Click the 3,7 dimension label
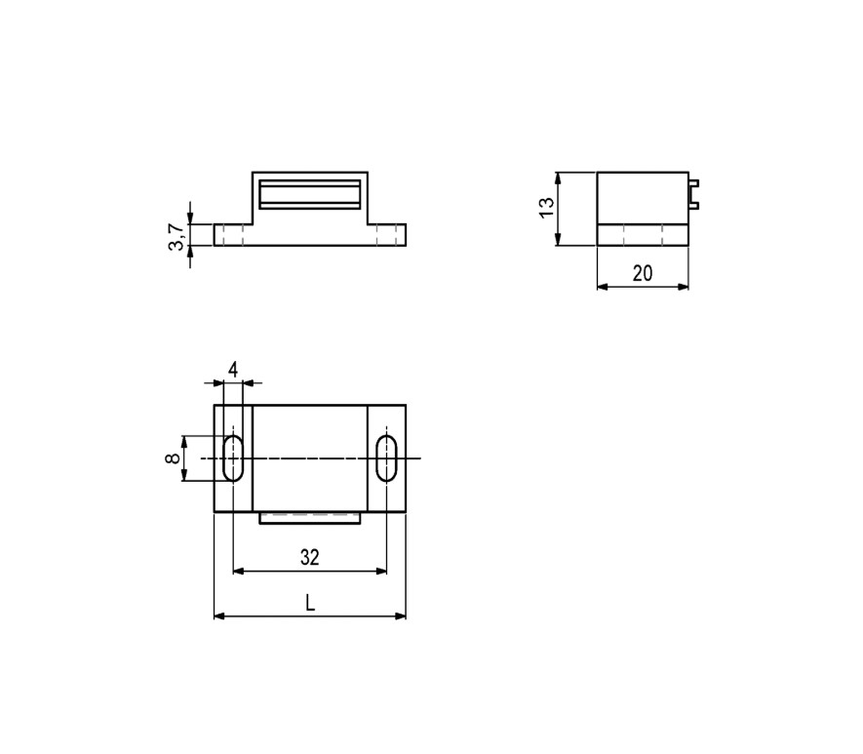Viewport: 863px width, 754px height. point(176,237)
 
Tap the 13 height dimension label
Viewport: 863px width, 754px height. point(546,208)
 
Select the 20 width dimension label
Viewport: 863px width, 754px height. point(643,273)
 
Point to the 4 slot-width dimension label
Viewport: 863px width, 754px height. point(233,370)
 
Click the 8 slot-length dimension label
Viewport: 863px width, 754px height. point(173,457)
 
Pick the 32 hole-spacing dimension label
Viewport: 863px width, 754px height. point(309,558)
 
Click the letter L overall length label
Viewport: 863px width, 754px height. point(310,603)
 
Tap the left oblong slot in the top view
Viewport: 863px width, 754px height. point(233,457)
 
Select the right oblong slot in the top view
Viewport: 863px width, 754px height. point(386,457)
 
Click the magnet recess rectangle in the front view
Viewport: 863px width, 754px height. point(310,194)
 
